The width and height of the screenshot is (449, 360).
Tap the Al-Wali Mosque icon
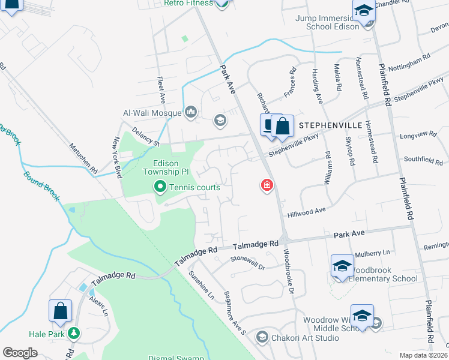[191, 112]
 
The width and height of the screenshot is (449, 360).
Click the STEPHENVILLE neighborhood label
[331, 125]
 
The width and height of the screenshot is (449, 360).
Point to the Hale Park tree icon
[74, 332]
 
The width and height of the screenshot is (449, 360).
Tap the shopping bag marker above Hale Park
[61, 311]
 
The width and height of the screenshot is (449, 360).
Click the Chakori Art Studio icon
[261, 337]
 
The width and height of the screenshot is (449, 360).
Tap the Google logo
[20, 353]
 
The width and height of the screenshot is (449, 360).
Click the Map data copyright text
[423, 355]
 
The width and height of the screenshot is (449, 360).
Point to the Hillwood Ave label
[306, 211]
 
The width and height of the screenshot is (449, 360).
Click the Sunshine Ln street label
[201, 286]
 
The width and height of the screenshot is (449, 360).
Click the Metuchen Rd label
[83, 159]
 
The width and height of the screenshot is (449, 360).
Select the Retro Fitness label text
[188, 3]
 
